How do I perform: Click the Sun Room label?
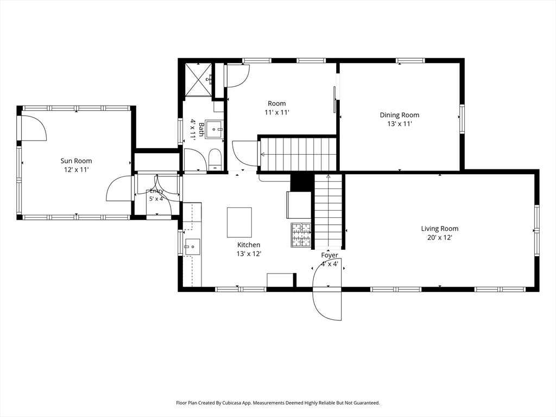click(x=76, y=161)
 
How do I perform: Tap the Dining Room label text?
click(x=399, y=115)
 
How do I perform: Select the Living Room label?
click(x=440, y=229)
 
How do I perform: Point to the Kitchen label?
click(x=249, y=245)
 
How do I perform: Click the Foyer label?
click(x=330, y=255)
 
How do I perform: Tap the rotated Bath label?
click(x=201, y=129)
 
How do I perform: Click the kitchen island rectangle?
click(x=239, y=222)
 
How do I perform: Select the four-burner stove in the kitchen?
click(x=301, y=235)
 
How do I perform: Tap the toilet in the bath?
click(x=215, y=160)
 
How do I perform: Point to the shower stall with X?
click(x=199, y=80)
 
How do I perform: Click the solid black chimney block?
click(x=301, y=182)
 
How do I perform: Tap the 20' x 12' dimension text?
click(x=440, y=238)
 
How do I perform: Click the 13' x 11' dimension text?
click(x=399, y=124)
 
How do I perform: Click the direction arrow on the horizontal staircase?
click(x=263, y=154)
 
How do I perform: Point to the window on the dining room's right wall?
click(x=463, y=118)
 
